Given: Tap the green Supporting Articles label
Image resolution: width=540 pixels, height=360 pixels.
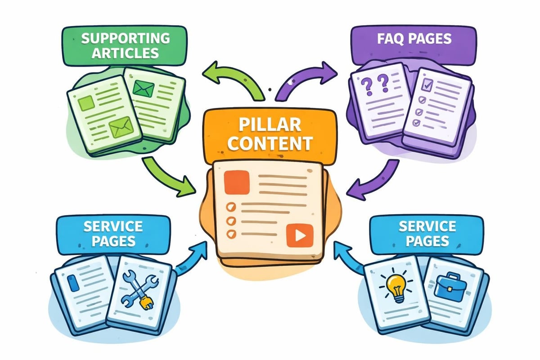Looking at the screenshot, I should (x=126, y=45).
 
